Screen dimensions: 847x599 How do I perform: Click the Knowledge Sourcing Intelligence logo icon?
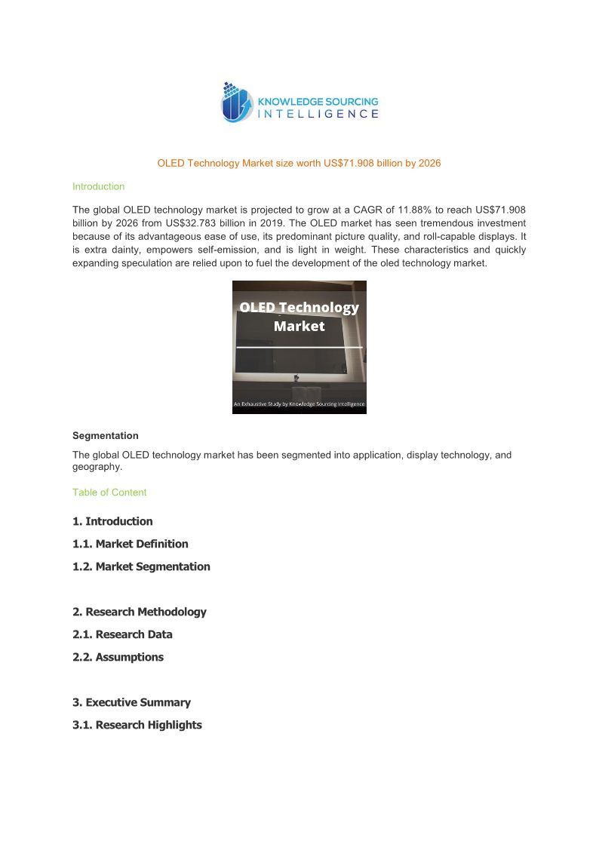pos(237,103)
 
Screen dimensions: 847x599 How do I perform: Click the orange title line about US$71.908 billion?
pos(299,163)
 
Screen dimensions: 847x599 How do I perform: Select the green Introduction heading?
pos(98,186)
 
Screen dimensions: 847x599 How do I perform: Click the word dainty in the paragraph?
pos(128,250)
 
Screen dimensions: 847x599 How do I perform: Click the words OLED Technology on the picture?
pos(299,308)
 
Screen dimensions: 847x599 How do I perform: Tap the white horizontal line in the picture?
pos(299,347)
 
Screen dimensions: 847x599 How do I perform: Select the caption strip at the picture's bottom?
pos(299,405)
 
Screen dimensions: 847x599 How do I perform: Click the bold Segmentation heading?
pos(105,435)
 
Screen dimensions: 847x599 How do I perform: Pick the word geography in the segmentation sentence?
pos(96,467)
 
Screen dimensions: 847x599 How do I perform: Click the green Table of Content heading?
pos(109,493)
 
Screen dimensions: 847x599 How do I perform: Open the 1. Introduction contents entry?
pos(112,521)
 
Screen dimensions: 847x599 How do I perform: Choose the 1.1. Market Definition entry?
pos(131,544)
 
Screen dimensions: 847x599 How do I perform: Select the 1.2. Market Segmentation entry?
pos(141,566)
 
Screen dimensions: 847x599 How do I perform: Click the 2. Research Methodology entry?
pos(140,612)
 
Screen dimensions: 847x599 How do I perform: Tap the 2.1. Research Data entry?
pos(122,634)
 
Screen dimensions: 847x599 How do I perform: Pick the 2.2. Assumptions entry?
pos(118,657)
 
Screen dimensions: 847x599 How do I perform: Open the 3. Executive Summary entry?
pos(131,702)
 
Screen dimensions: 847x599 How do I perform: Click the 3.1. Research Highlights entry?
pos(137,725)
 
